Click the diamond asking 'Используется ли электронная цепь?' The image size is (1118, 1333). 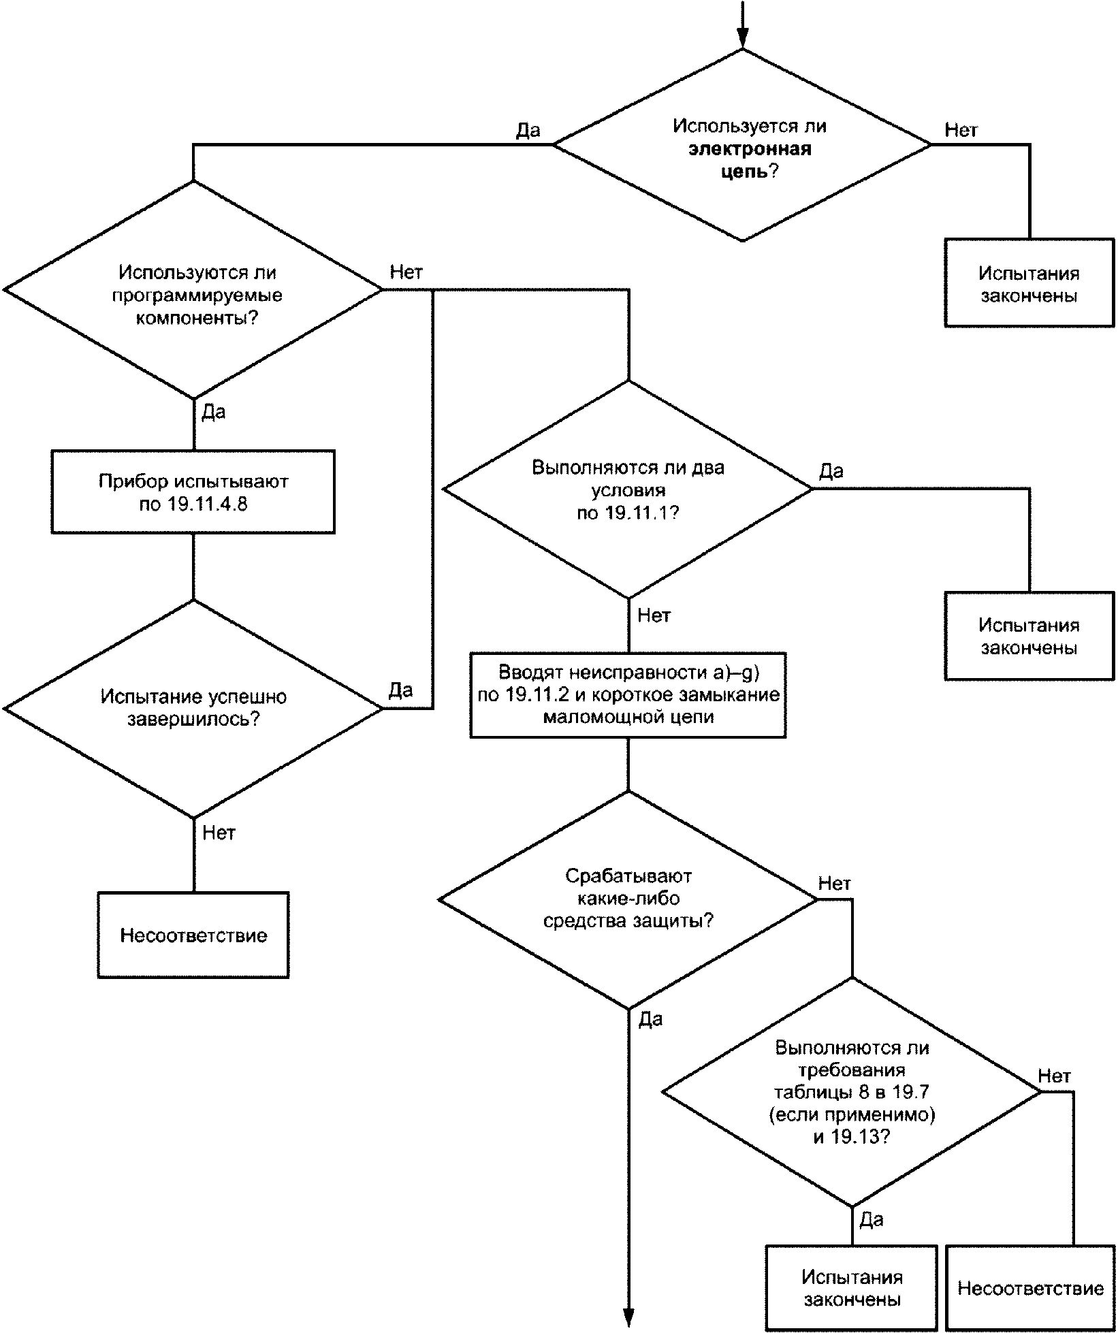[742, 145]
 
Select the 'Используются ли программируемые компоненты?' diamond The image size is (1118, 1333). [193, 290]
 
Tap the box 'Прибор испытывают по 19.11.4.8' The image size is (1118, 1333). [193, 492]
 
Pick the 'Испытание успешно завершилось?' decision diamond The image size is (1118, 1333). [193, 709]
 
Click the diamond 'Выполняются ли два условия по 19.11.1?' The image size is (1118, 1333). [628, 489]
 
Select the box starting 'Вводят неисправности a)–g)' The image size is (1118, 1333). [628, 695]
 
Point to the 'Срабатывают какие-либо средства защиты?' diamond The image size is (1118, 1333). [628, 899]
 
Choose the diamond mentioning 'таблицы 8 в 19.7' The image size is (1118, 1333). [852, 1092]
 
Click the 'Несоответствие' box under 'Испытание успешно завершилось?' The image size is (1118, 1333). [193, 935]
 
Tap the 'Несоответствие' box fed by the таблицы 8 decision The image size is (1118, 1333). [1030, 1288]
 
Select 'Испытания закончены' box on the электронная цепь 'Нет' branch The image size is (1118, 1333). [1029, 283]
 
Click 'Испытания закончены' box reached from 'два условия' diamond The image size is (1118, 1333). [1029, 635]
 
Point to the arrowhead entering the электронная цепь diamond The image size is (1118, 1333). [742, 39]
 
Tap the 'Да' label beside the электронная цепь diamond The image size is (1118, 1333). [528, 129]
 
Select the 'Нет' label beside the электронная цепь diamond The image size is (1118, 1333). [961, 129]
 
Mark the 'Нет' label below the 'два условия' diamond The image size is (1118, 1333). [654, 615]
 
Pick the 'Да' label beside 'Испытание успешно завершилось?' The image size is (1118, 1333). [401, 690]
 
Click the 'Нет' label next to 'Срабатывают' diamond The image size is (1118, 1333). [835, 884]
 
